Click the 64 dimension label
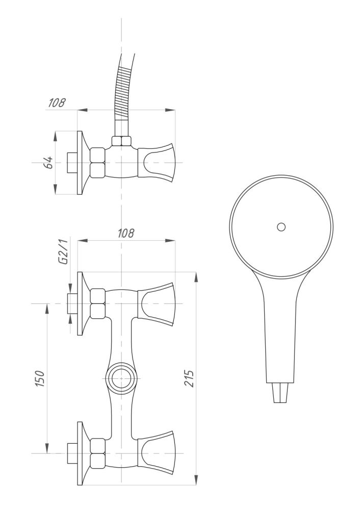(x=49, y=162)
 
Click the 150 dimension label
(x=40, y=378)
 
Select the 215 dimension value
(x=189, y=378)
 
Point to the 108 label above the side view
(x=57, y=103)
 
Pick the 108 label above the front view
(x=126, y=233)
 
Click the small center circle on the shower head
(x=281, y=227)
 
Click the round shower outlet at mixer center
(x=121, y=378)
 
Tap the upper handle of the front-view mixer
(x=157, y=304)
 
